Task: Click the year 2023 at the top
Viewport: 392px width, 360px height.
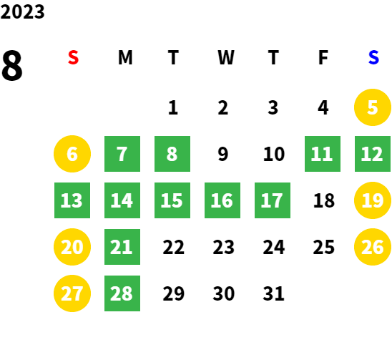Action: pyautogui.click(x=22, y=12)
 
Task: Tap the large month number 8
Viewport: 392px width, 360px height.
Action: pyautogui.click(x=12, y=65)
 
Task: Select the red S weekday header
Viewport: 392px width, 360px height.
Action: pyautogui.click(x=73, y=57)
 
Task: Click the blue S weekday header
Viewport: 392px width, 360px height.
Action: pyautogui.click(x=373, y=57)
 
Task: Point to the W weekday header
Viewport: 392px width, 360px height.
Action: pyautogui.click(x=226, y=57)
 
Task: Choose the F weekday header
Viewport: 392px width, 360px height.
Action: pyautogui.click(x=323, y=57)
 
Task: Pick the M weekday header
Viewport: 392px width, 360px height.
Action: pyautogui.click(x=125, y=57)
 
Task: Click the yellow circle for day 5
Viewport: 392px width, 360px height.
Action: pyautogui.click(x=373, y=107)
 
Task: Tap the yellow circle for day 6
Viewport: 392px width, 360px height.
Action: pyautogui.click(x=72, y=154)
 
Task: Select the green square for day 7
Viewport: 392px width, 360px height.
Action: pyautogui.click(x=122, y=154)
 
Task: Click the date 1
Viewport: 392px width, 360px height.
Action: pyautogui.click(x=173, y=107)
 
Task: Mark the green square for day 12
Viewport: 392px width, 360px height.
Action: pyautogui.click(x=373, y=154)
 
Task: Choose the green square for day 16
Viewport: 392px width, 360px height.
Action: pyautogui.click(x=222, y=200)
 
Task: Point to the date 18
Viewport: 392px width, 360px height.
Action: pyautogui.click(x=324, y=200)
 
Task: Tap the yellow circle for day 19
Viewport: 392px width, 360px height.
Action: pyautogui.click(x=373, y=200)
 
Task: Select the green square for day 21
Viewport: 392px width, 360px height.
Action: pyautogui.click(x=122, y=247)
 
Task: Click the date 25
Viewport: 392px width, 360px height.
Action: pyautogui.click(x=324, y=247)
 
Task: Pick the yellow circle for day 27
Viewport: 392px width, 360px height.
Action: pyautogui.click(x=72, y=293)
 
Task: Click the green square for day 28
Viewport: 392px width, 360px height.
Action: pyautogui.click(x=122, y=293)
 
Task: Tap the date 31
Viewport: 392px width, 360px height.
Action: pyautogui.click(x=273, y=293)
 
